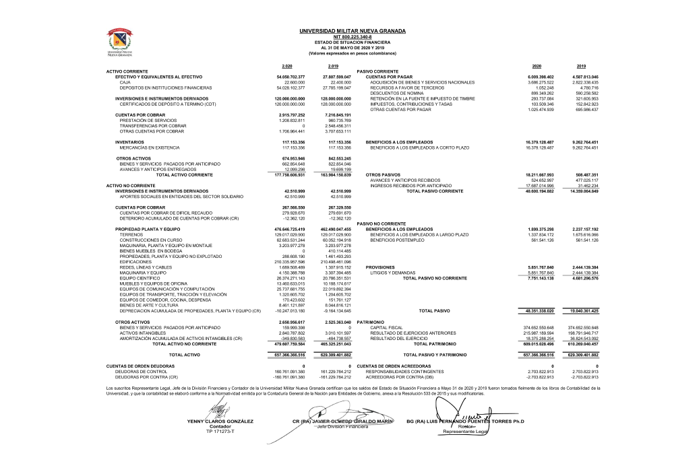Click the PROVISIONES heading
pos(379,267)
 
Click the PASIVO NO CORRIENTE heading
pos(381,223)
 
